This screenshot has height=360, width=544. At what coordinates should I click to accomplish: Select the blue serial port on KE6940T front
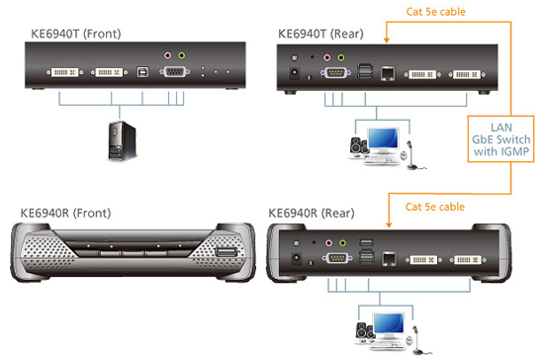pos(174,72)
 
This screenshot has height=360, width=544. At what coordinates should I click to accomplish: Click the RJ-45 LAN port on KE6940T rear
pos(389,72)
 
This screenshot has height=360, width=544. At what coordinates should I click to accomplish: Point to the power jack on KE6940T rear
pos(292,72)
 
